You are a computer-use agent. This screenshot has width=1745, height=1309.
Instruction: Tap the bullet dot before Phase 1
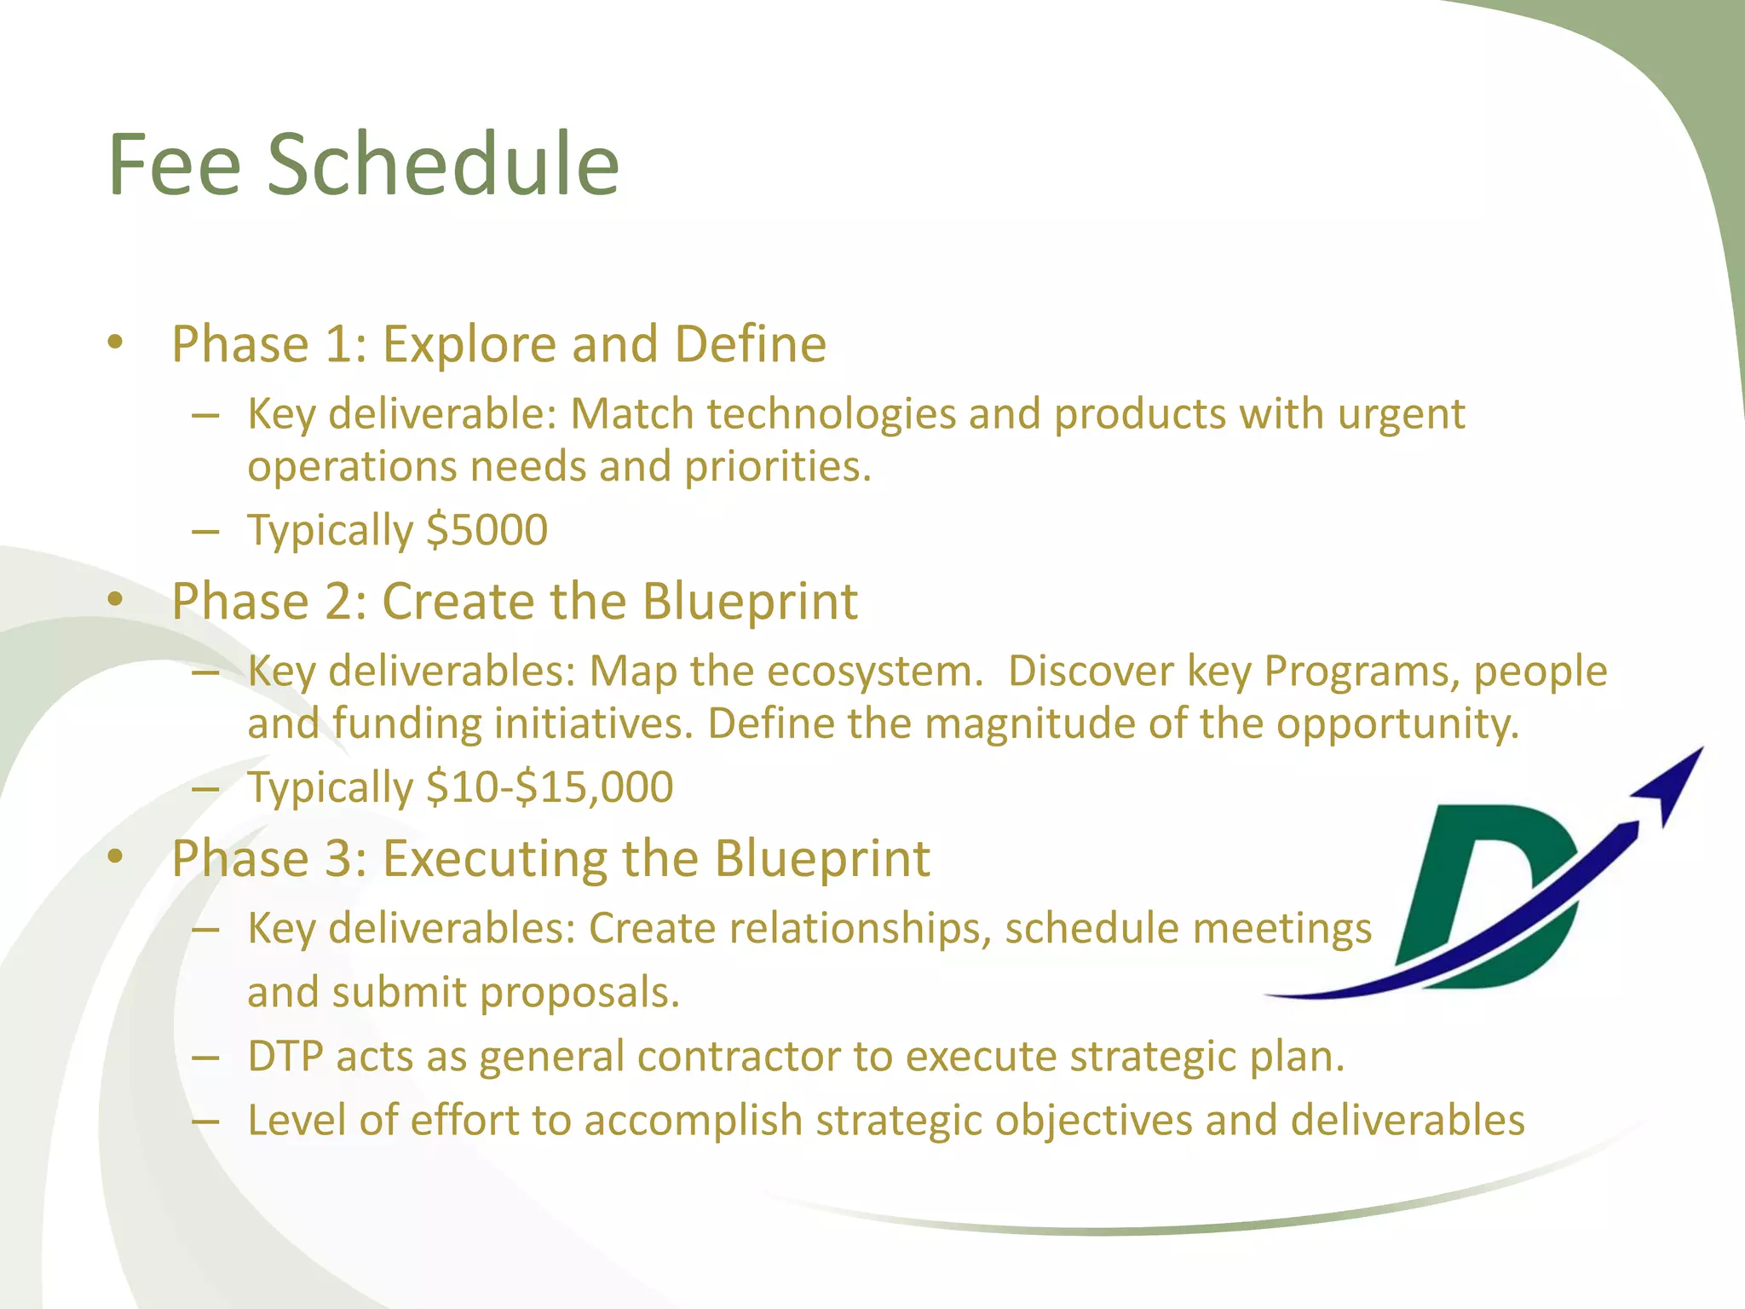pos(116,343)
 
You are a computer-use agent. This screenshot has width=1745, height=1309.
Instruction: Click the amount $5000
pos(487,530)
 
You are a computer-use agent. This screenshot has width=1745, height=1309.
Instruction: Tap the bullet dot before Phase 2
pos(116,600)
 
